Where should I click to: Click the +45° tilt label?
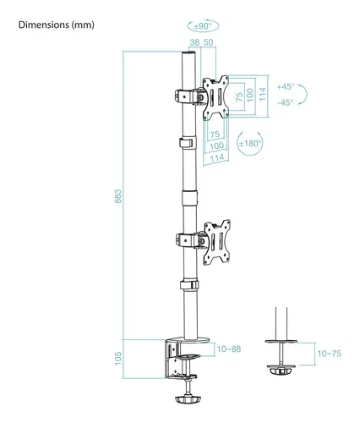tap(286, 87)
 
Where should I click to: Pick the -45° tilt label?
tap(286, 102)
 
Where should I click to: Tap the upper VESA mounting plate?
tap(219, 95)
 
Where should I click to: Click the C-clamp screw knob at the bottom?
tap(188, 398)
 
